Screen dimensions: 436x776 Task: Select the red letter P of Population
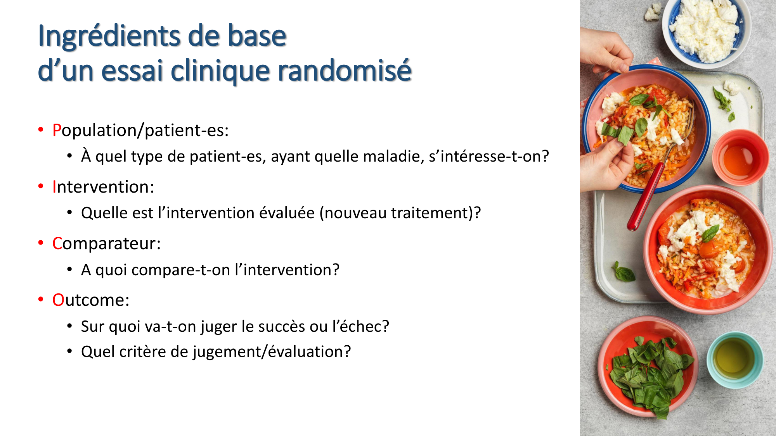click(x=57, y=130)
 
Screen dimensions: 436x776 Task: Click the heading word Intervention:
click(x=103, y=187)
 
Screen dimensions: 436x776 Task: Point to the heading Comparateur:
click(x=106, y=243)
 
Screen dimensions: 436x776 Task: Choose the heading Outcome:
click(x=91, y=300)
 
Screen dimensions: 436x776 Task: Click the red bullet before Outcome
click(x=41, y=299)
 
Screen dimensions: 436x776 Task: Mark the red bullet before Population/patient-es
click(x=41, y=129)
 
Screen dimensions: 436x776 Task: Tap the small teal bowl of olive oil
click(x=735, y=360)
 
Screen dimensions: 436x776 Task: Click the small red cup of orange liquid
click(x=740, y=157)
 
